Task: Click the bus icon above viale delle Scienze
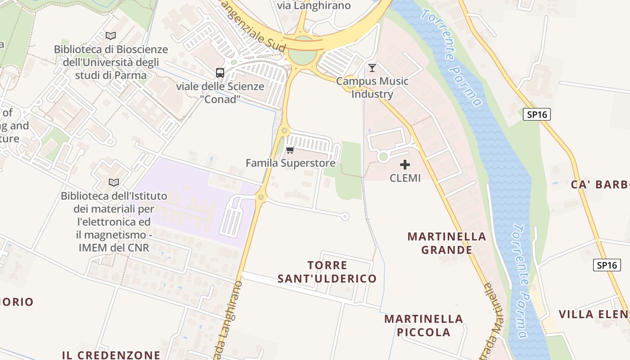220,72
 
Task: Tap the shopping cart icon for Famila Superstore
290,150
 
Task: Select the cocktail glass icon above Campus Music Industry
372,68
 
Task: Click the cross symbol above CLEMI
405,165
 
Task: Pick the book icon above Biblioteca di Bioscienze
111,36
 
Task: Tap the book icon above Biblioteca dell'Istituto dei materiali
114,182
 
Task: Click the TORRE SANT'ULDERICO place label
327,272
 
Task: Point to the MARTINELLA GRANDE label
447,243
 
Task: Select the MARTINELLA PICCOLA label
423,325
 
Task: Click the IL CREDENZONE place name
111,355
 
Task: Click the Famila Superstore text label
291,163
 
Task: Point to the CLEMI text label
405,178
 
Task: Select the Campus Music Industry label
372,88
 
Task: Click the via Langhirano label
314,5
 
